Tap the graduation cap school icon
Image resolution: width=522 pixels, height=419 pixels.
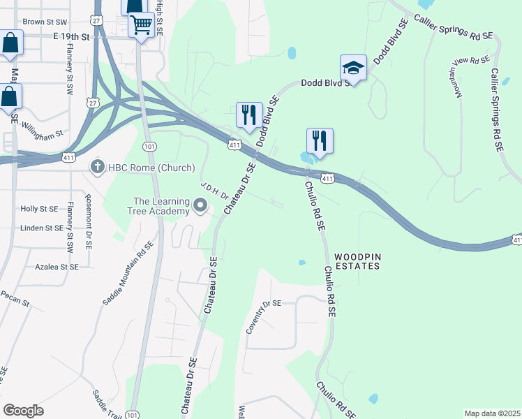coord(353,68)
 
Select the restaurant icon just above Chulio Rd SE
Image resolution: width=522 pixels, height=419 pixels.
coord(320,140)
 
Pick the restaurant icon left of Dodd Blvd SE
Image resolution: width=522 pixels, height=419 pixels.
coord(249,115)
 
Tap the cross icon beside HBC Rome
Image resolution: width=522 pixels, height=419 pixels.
coord(98,167)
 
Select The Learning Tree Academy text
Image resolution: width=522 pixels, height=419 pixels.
coord(162,206)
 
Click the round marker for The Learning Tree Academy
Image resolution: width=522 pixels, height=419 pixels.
coord(201,205)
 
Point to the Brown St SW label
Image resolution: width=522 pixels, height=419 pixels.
coord(44,22)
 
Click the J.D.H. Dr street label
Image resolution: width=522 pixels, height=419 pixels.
coord(214,191)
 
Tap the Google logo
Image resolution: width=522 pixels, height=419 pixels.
coord(23,411)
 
